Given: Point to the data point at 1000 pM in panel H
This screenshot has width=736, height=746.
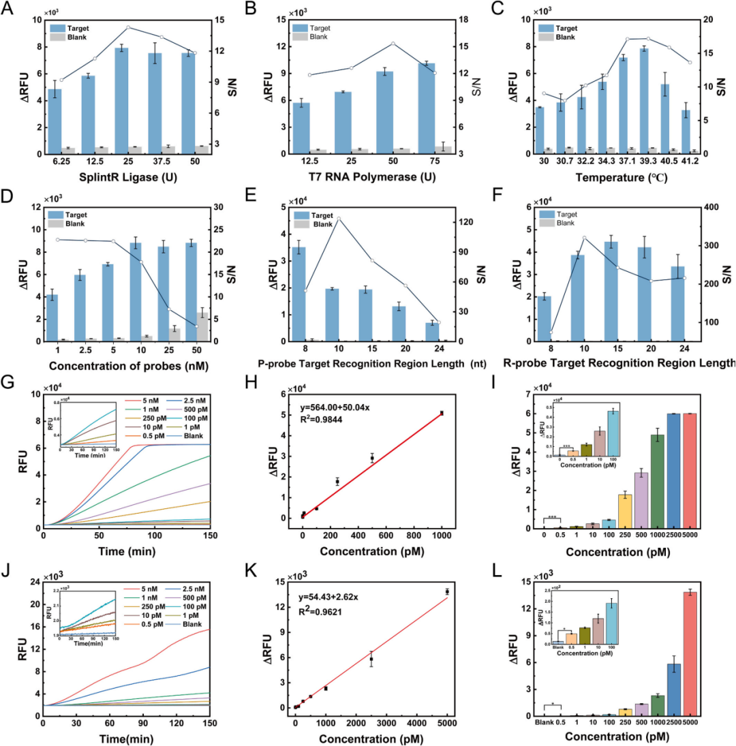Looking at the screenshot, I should [442, 413].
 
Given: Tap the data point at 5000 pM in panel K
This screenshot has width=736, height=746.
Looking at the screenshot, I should [447, 591].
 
